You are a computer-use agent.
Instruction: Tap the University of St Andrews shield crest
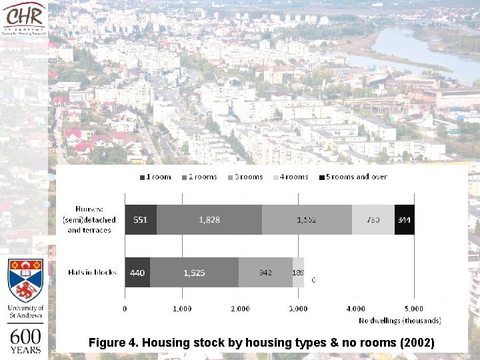coord(25,280)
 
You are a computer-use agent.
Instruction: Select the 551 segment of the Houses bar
coord(141,219)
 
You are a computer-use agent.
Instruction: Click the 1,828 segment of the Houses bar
coord(209,219)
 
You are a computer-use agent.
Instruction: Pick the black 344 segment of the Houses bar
coord(404,219)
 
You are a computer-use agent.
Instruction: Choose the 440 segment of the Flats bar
coord(137,272)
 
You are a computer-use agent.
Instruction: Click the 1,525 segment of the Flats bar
coord(194,272)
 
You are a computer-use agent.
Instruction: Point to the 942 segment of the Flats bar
coord(265,272)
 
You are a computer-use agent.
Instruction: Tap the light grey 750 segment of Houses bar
coord(373,219)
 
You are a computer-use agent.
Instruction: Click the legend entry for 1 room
coord(155,177)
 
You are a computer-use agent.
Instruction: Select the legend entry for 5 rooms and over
coord(353,177)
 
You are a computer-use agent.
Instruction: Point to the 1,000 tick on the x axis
coord(182,309)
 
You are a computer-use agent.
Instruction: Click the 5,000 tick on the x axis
coord(413,309)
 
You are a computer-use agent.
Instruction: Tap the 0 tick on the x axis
coord(125,309)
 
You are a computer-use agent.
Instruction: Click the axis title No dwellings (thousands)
coord(400,321)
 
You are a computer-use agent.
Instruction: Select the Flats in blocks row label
coord(92,272)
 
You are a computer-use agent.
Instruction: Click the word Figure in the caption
coord(108,343)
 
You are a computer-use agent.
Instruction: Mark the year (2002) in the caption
coord(415,343)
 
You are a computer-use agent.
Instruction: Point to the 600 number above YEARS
coord(25,337)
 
